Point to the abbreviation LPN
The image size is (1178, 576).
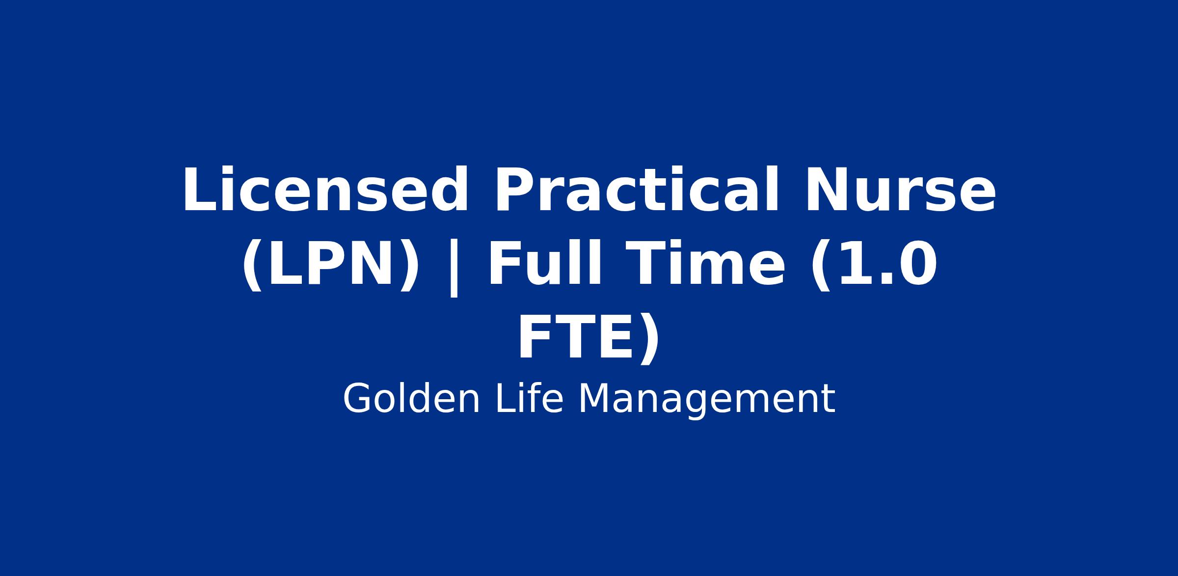(330, 265)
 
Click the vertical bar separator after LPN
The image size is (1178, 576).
(454, 268)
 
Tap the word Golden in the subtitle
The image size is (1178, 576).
(411, 399)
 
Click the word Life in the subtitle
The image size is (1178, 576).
(530, 399)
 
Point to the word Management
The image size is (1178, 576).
(707, 400)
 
